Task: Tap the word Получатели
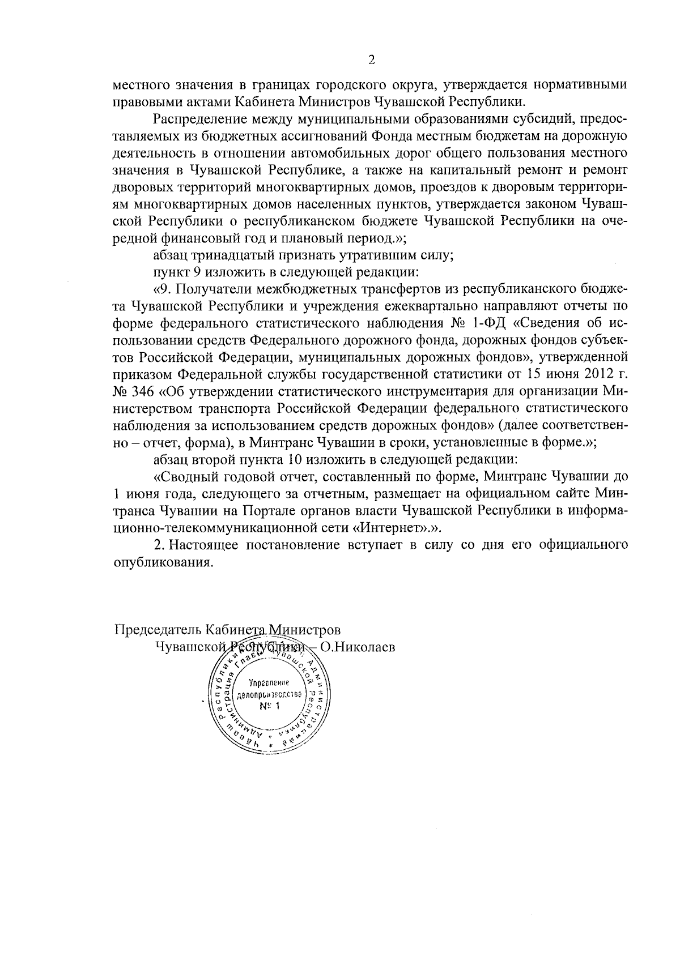point(212,289)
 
